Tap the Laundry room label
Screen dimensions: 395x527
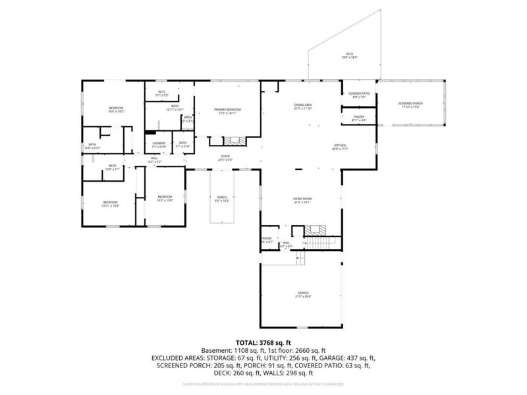coord(158,145)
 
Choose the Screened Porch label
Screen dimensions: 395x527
coord(410,106)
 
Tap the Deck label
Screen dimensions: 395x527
coord(350,56)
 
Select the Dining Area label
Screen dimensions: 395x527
coord(302,107)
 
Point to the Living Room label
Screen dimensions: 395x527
coord(302,200)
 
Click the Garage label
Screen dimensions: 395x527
coord(302,295)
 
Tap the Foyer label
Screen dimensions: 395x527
coord(225,158)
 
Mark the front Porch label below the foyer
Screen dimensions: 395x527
coord(222,199)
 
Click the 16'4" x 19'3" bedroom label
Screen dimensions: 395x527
coord(116,110)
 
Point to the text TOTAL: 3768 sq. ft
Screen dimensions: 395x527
coord(263,343)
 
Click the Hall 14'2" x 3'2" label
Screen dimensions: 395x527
coord(154,159)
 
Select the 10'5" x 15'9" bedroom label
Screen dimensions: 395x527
coord(165,198)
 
